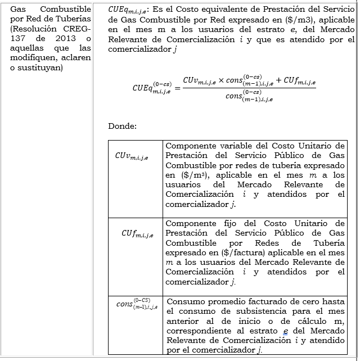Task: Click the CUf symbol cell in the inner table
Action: click(x=136, y=232)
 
